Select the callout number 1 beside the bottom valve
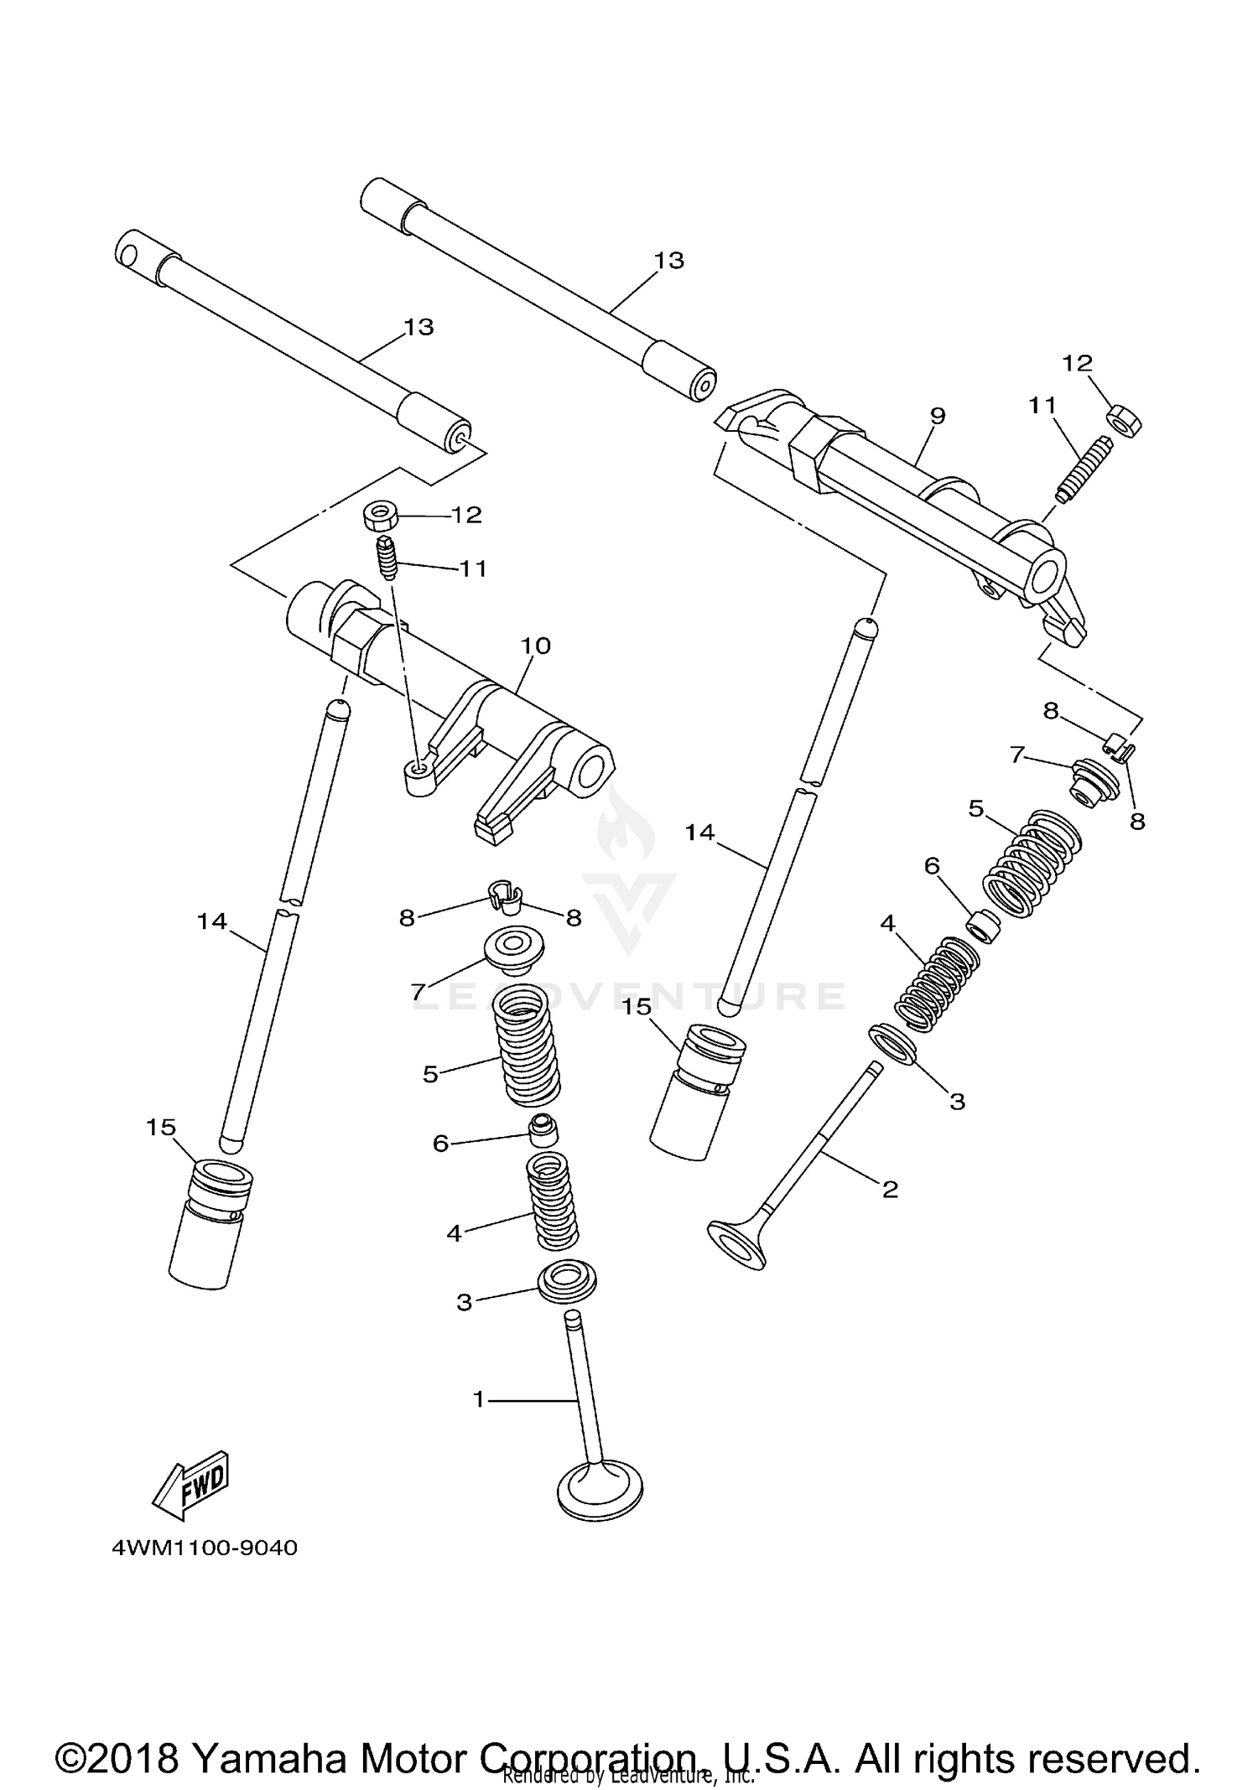[479, 1399]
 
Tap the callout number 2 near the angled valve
[890, 1189]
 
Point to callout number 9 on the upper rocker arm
[938, 416]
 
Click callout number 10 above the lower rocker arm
[536, 646]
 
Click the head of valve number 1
[600, 1491]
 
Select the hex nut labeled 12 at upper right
[1123, 418]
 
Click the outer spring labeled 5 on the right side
[1032, 864]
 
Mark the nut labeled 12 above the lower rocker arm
[381, 514]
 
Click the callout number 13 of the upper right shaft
[668, 261]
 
